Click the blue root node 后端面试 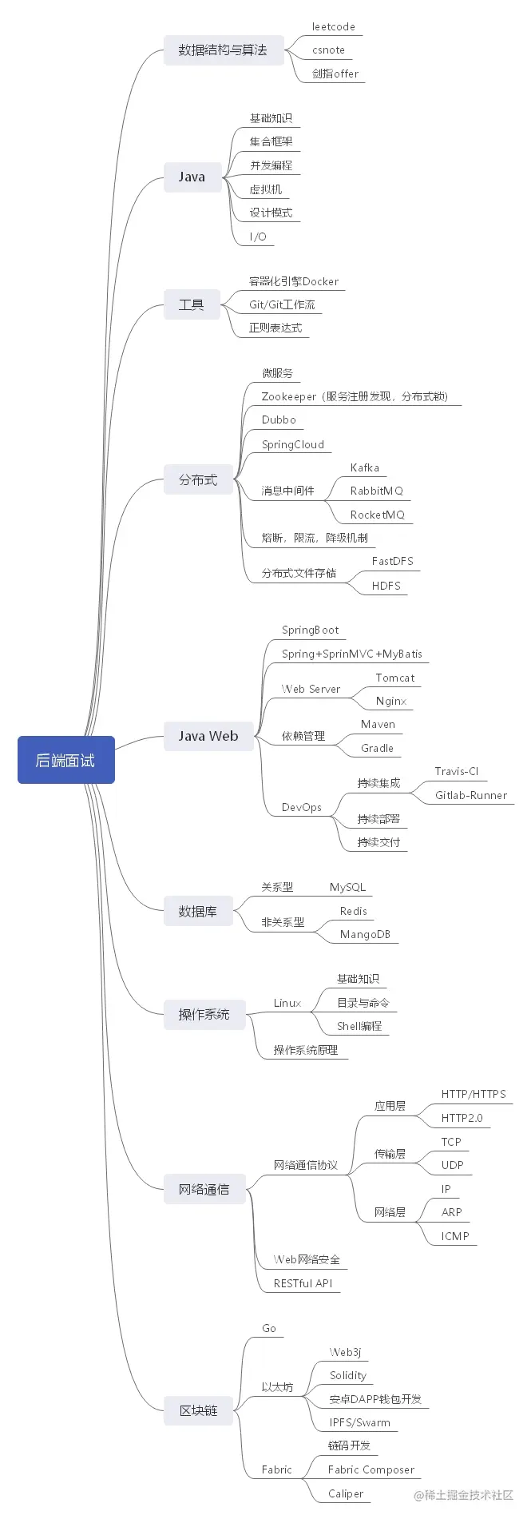tap(66, 760)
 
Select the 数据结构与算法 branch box tap(222, 50)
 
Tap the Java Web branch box tap(208, 736)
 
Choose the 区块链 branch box tap(198, 1410)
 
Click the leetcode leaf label tap(334, 26)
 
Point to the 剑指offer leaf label tap(335, 74)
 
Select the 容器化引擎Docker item tap(294, 281)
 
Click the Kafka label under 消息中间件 tap(365, 467)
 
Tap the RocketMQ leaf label tap(378, 515)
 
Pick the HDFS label tap(386, 586)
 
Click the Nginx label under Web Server tap(391, 701)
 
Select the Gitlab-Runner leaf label tap(471, 795)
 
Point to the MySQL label tap(348, 887)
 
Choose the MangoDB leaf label tap(365, 934)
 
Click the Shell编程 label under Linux tap(359, 1026)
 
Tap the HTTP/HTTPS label tap(474, 1094)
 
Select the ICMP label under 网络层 tap(455, 1236)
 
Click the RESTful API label tap(303, 1283)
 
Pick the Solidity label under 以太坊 tap(348, 1375)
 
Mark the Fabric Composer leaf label tap(371, 1469)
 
